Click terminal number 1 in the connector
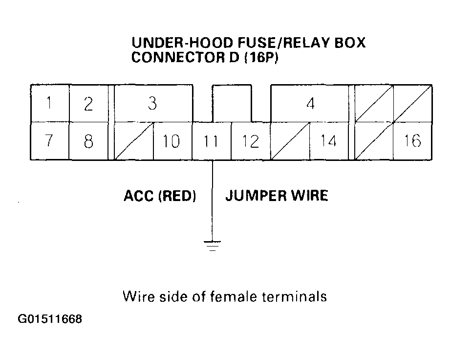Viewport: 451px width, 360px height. (49, 104)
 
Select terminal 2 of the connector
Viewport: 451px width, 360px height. (88, 104)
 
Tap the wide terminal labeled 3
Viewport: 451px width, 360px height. (152, 104)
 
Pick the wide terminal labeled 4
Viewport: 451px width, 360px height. (310, 104)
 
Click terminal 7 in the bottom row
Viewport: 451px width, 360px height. (49, 141)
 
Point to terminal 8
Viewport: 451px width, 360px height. (88, 141)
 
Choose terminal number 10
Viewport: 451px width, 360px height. (172, 141)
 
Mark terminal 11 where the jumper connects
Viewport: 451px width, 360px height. (211, 141)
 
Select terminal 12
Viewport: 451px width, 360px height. (250, 141)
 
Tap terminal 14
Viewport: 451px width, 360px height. (329, 141)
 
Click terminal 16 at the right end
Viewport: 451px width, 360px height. (413, 141)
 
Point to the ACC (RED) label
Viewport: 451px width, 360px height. (159, 196)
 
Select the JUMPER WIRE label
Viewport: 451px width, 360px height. (276, 196)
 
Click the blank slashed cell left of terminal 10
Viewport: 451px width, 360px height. (134, 141)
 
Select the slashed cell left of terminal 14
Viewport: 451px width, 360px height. (290, 141)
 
